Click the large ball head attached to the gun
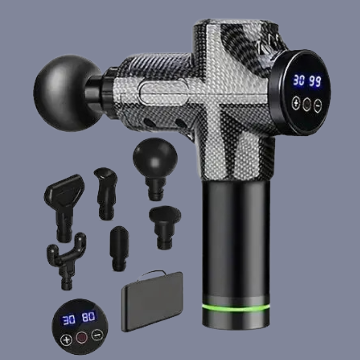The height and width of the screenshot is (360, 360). [67, 93]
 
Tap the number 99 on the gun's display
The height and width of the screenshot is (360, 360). [315, 81]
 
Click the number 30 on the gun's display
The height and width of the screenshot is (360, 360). [299, 80]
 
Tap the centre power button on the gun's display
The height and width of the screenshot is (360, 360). [307, 104]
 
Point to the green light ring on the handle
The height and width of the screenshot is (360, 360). [235, 308]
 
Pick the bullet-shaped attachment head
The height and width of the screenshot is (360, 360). [119, 248]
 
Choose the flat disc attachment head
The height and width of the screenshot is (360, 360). [165, 226]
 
